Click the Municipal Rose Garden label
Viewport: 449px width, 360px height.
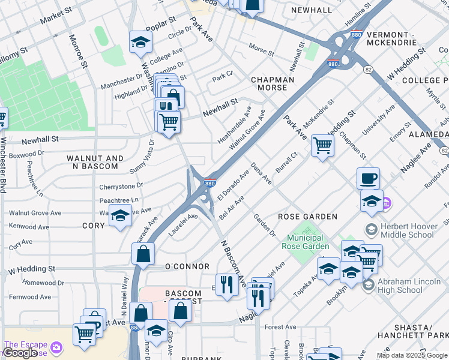306,242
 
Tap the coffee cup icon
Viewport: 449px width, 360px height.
368,178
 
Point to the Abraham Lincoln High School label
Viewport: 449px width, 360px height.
409,286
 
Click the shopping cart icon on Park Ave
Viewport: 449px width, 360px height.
322,145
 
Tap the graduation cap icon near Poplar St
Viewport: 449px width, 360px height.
140,41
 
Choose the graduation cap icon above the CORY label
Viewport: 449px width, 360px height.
120,214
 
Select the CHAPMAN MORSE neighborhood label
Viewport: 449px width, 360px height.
273,83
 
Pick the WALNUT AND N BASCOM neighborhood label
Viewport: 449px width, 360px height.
95,162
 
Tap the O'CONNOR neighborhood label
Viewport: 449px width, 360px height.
187,266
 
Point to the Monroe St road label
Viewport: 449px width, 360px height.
79,50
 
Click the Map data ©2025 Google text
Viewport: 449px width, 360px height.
412,355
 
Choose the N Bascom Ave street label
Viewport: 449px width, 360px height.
234,262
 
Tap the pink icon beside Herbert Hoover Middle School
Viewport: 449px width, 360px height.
388,205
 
